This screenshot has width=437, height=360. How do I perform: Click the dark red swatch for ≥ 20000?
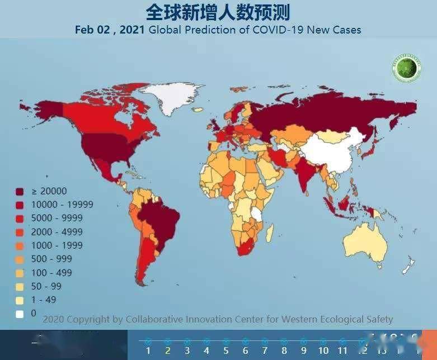[20, 191]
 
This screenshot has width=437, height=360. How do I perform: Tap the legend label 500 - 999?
[51, 259]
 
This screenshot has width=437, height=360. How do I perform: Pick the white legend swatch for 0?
[20, 314]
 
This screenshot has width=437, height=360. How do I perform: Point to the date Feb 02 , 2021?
[110, 30]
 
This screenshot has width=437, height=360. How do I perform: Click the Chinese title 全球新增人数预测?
[218, 12]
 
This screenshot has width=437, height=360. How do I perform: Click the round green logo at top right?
[406, 68]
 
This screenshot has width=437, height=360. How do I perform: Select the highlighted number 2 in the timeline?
[167, 350]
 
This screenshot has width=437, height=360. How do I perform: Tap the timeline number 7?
[265, 350]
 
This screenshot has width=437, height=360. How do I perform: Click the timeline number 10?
[323, 350]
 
